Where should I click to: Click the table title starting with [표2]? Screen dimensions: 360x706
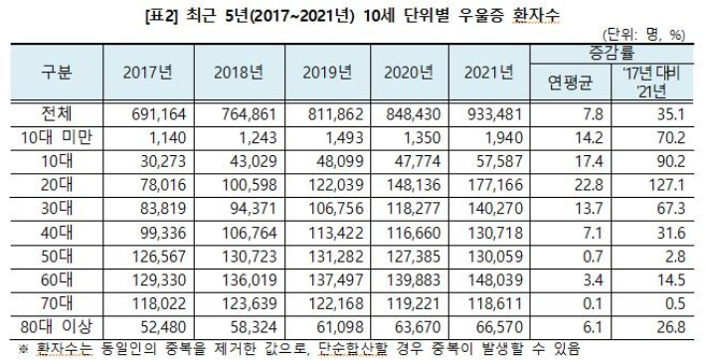352,14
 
